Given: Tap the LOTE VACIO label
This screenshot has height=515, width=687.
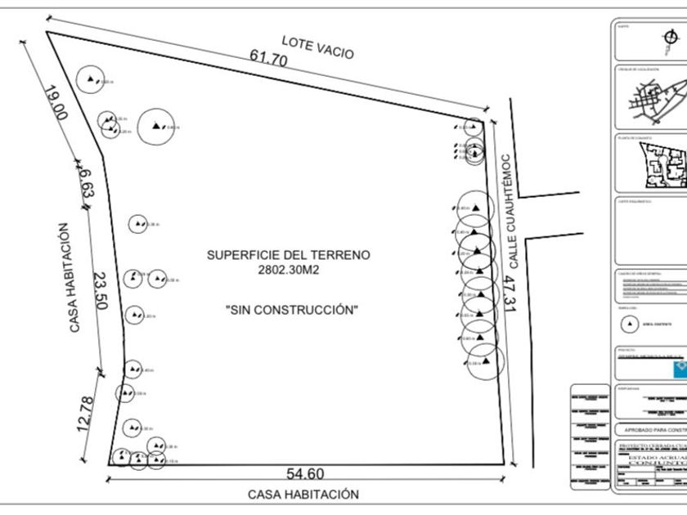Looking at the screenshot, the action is (x=317, y=47).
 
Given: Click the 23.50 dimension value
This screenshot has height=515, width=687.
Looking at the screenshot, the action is (x=100, y=291).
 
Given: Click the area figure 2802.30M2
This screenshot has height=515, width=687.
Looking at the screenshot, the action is (x=289, y=269).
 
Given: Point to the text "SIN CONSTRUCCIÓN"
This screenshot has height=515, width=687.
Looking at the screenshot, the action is (x=292, y=310).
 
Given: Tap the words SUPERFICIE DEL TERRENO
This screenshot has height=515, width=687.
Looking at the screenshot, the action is (x=289, y=255).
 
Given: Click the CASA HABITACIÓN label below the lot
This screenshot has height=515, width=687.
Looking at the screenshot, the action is (x=303, y=495).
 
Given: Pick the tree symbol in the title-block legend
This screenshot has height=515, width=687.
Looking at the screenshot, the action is (x=629, y=324).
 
